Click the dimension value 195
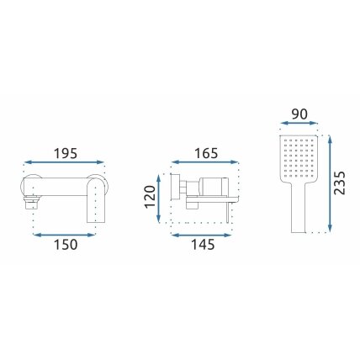(66, 153)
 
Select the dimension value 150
(66, 245)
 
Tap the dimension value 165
(206, 153)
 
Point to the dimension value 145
(203, 245)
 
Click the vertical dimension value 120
(150, 197)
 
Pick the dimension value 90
(299, 114)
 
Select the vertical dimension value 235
(340, 183)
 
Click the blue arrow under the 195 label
(64, 161)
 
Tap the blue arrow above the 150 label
(65, 235)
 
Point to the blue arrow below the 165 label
(205, 161)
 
